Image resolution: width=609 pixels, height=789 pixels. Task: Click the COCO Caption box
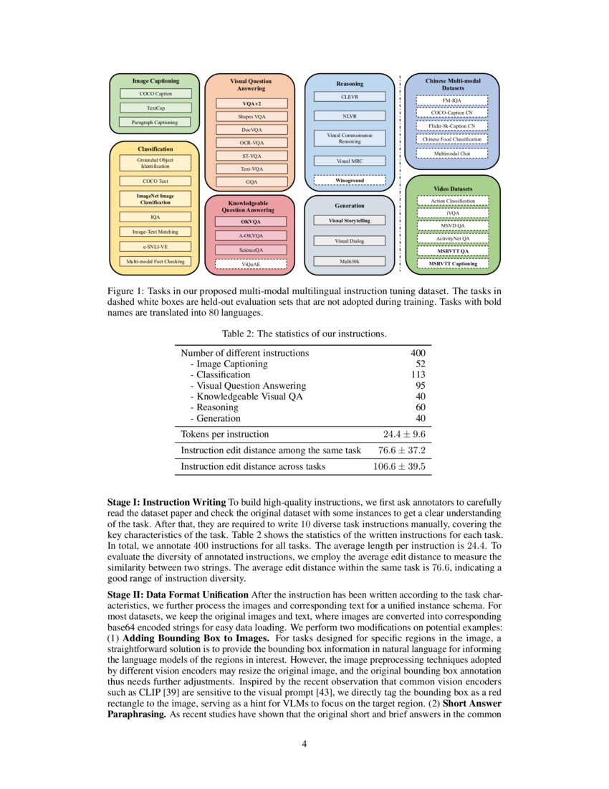[155, 93]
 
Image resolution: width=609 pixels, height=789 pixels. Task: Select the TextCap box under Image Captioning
[155, 108]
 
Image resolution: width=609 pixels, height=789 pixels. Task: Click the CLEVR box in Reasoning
[350, 96]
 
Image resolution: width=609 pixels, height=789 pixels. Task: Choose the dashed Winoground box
[350, 180]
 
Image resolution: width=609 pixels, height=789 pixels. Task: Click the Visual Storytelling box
[350, 220]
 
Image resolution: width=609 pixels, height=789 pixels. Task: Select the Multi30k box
[350, 261]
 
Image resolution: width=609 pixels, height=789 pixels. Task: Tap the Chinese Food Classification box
[452, 139]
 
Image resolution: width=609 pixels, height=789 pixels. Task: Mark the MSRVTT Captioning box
[452, 264]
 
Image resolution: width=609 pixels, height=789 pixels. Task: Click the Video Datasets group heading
[452, 189]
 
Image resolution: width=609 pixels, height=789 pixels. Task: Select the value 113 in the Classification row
[416, 374]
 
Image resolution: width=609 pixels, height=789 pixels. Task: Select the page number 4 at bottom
[304, 743]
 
